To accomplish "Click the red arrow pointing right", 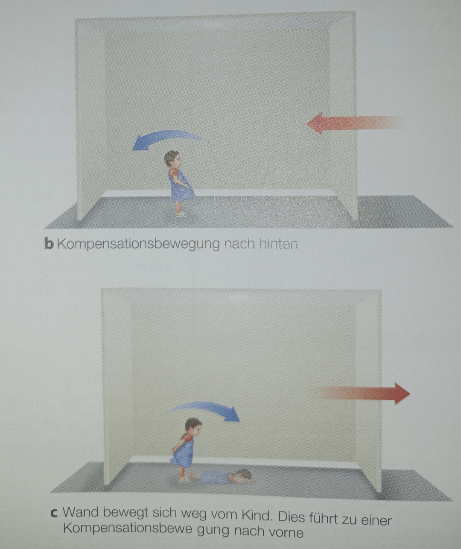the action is [364, 393].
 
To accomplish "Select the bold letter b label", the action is [49, 244].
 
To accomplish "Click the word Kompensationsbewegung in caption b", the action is [138, 245].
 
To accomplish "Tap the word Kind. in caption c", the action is [254, 515].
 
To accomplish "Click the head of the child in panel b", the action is [172, 159].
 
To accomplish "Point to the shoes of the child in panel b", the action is [180, 214].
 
